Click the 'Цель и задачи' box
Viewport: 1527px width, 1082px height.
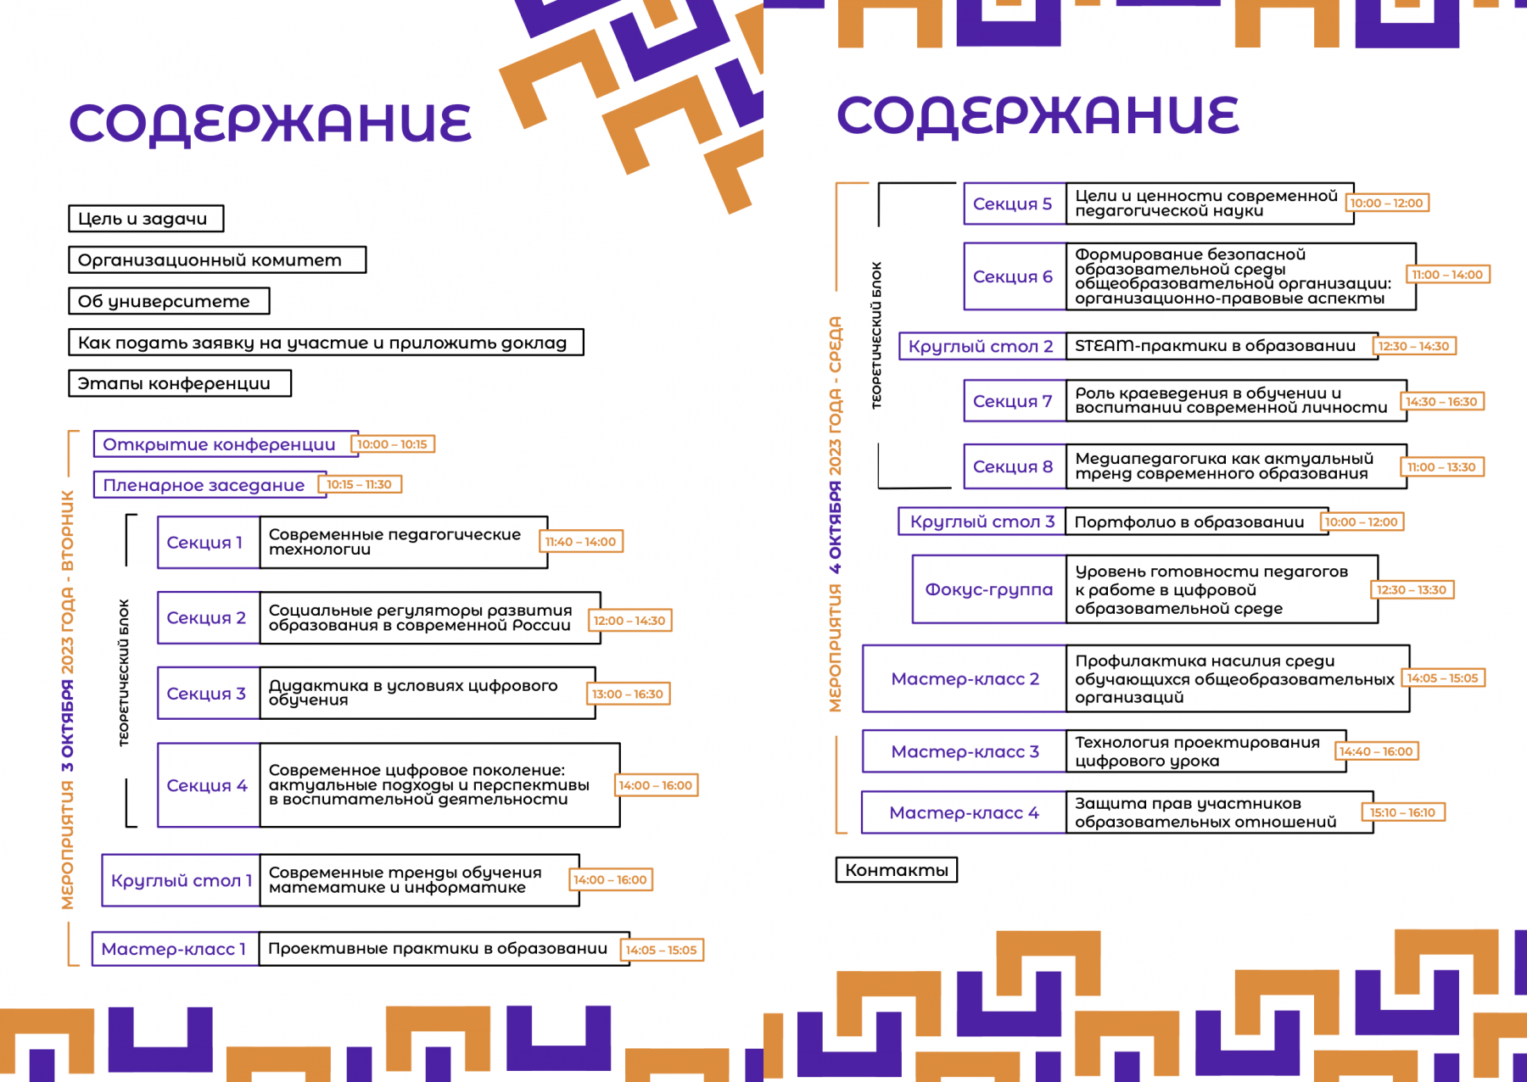146,219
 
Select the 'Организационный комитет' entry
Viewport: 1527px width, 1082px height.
217,260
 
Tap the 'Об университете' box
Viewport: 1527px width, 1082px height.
169,301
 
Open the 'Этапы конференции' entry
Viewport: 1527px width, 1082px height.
180,383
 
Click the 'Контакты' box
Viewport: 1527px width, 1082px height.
897,870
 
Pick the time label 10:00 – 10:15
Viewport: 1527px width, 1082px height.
393,444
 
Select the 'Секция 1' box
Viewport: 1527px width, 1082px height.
209,543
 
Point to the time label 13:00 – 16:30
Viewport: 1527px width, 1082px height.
628,694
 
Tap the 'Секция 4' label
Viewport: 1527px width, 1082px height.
209,785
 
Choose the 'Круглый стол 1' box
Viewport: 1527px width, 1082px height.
181,880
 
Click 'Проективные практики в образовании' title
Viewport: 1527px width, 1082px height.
438,949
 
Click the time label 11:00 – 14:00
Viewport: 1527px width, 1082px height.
1448,275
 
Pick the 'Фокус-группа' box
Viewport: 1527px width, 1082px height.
989,589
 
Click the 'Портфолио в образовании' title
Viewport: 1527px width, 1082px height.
1189,522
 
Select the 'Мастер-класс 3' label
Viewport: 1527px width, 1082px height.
965,751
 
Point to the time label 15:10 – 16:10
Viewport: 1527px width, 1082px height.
1403,812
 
